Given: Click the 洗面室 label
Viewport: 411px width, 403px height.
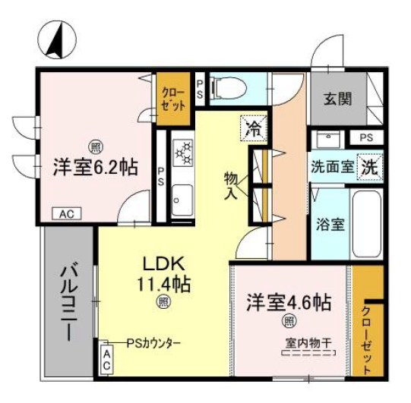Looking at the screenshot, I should point(331,167).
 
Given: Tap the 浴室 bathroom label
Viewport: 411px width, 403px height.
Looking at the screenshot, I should point(329,225).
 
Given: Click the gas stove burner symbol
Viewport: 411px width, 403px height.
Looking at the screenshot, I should point(183,153).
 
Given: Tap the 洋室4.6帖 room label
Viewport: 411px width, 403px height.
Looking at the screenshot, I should point(288,303).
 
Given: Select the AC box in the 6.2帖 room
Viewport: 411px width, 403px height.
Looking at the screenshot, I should point(66,214).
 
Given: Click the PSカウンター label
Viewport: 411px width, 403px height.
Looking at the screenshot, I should point(153,343).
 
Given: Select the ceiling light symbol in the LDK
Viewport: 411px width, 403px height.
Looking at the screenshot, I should point(163,303).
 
